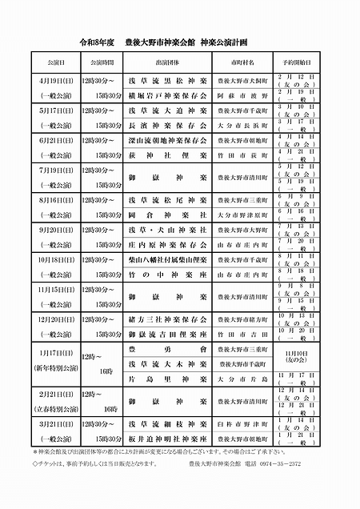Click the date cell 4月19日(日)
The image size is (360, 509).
pyautogui.click(x=56, y=81)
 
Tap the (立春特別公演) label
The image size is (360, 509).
pyautogui.click(x=56, y=423)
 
